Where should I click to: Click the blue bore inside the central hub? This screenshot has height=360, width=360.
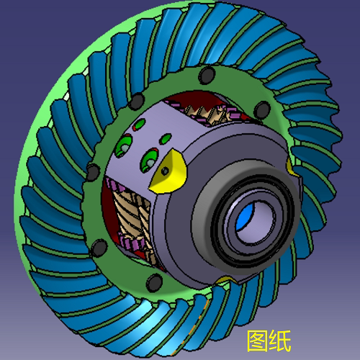(248, 217)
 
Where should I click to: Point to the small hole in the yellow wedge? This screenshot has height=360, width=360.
(166, 172)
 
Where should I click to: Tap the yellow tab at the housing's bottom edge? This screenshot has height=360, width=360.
(225, 279)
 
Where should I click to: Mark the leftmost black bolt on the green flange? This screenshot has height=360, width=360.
(92, 173)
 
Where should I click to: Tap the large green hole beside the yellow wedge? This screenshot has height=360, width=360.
(150, 156)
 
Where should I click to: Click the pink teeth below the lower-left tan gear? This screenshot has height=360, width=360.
(134, 248)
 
